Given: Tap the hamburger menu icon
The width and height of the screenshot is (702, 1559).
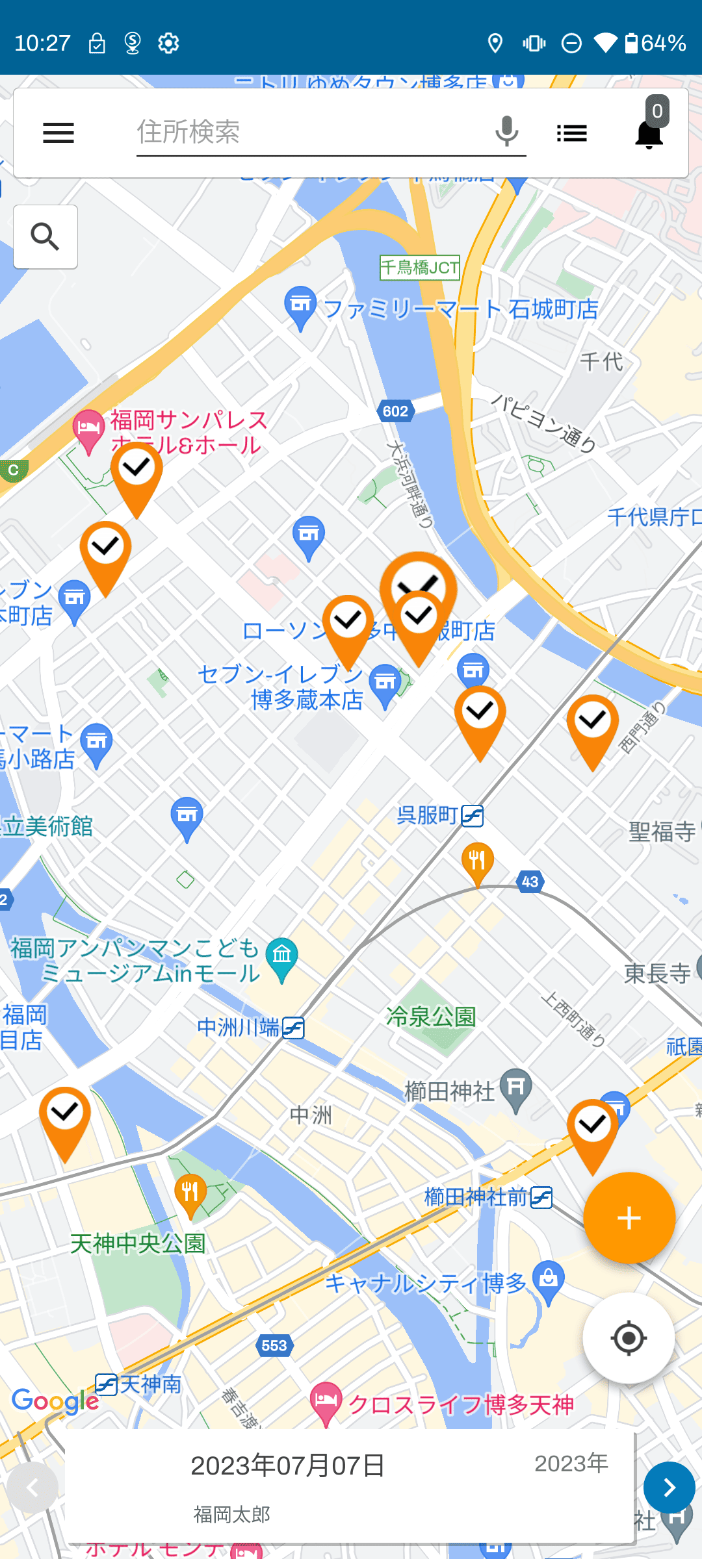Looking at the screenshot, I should pos(58,133).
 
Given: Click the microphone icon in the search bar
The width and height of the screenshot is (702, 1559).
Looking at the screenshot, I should pos(506,131).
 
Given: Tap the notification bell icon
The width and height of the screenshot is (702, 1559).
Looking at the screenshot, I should pos(649,134).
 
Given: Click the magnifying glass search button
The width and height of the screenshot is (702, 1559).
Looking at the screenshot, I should pos(45,236).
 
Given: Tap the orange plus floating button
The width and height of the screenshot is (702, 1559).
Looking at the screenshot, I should pos(629,1218).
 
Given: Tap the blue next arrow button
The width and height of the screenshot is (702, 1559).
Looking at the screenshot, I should pos(669,1488).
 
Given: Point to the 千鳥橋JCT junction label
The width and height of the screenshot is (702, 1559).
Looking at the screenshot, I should pos(419,267).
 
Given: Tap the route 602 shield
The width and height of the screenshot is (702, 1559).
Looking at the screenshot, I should pos(395,411).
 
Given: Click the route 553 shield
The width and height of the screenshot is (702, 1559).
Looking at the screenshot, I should pos(274,1345).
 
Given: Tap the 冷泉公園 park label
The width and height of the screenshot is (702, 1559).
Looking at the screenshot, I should pos(431,1017).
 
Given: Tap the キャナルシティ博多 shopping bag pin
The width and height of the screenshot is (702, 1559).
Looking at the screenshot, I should pos(549,1280).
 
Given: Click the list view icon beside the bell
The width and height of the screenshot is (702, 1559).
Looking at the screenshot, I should pos(572,134).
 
